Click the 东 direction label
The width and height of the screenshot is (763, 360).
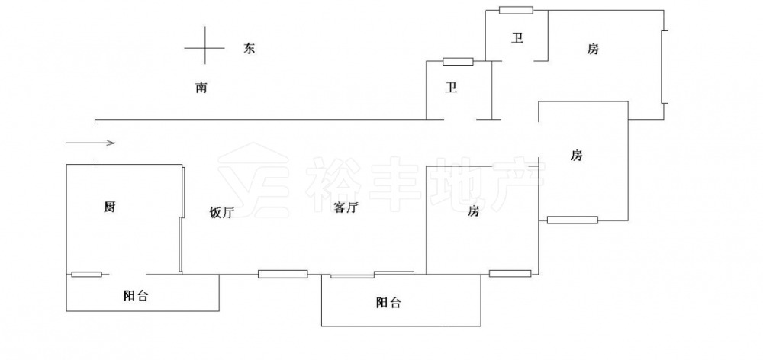[249, 48]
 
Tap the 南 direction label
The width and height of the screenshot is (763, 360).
[201, 88]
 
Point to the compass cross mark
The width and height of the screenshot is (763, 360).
[204, 47]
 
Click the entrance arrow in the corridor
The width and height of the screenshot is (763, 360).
[90, 142]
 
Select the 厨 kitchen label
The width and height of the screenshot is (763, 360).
[110, 207]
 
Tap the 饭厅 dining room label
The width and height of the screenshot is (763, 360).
[221, 213]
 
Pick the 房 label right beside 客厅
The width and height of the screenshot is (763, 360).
[473, 211]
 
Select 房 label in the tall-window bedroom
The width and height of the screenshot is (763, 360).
[593, 50]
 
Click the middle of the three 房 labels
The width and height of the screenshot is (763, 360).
[577, 156]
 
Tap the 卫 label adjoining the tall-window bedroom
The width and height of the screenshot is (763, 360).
[517, 38]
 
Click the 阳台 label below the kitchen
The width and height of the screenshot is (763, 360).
[136, 297]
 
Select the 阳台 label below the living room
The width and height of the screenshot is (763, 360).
[388, 303]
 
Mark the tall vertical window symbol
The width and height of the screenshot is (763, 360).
[665, 66]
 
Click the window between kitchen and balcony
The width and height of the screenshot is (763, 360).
[86, 275]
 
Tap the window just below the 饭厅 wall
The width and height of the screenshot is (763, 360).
[282, 274]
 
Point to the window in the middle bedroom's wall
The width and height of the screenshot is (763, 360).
[572, 220]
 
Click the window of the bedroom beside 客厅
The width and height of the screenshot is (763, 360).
[510, 273]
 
